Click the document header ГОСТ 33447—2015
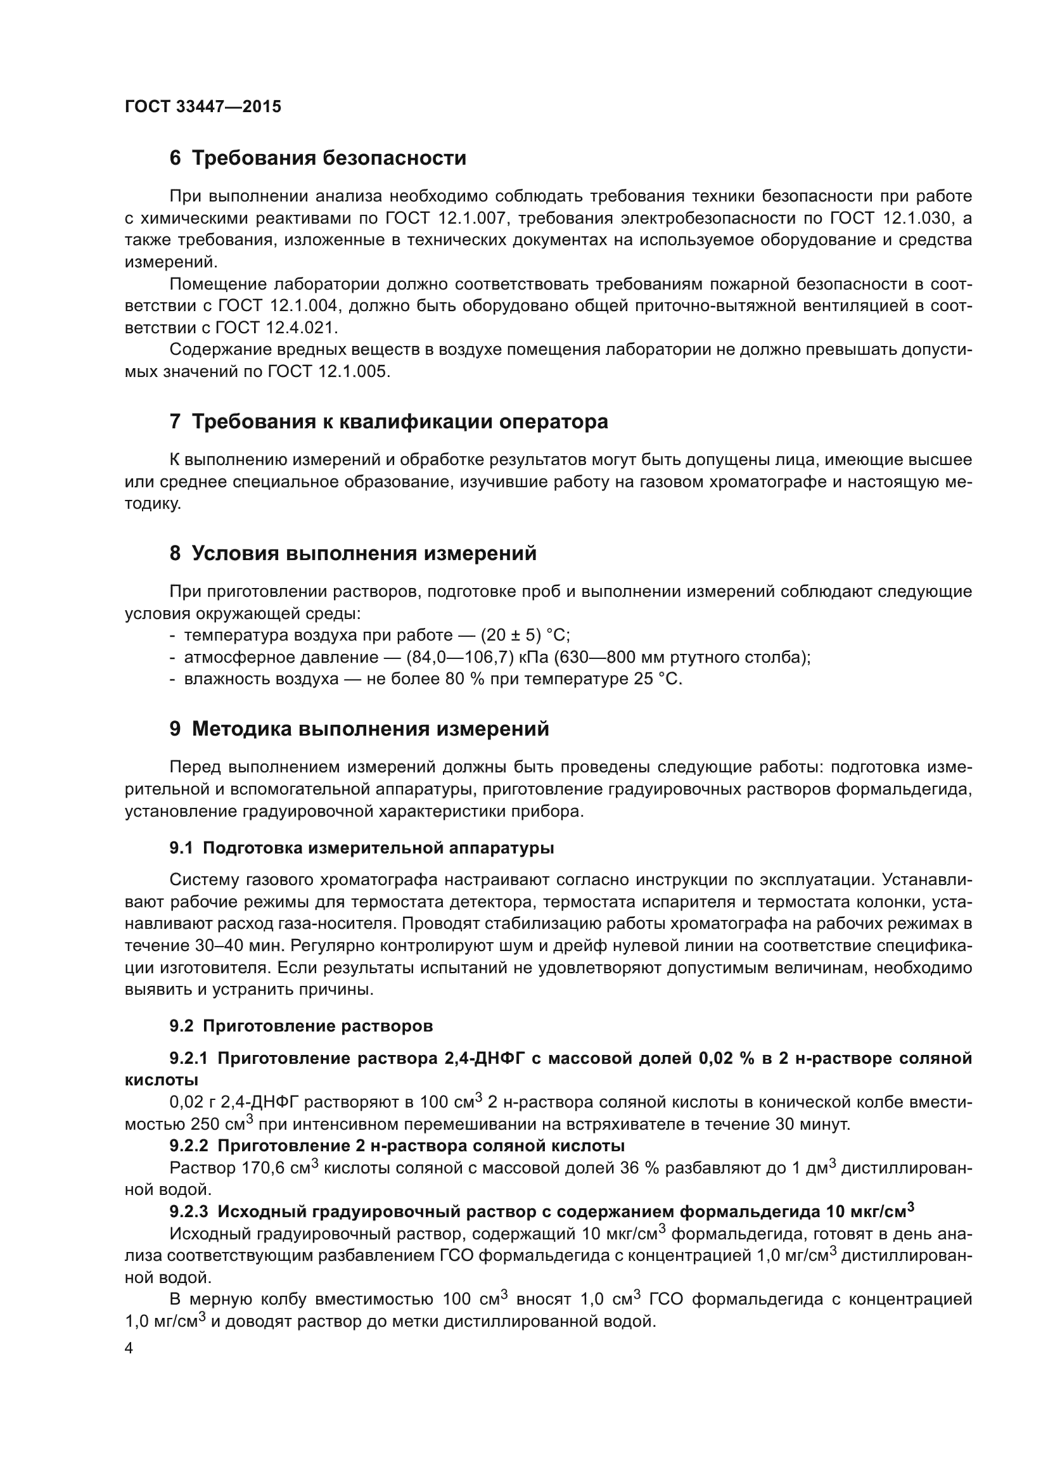(203, 107)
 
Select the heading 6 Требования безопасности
(317, 158)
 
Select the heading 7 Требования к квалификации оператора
(388, 421)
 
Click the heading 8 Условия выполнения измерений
(353, 553)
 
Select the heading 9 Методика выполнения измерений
(359, 729)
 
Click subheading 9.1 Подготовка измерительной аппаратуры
(361, 848)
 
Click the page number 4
(129, 1349)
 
